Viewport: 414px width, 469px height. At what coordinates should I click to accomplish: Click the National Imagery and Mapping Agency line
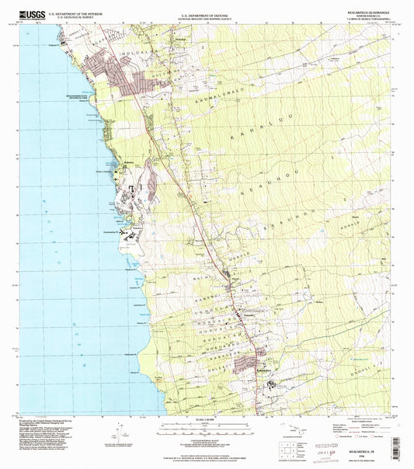pyautogui.click(x=207, y=16)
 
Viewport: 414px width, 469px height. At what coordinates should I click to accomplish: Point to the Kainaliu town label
pyautogui.click(x=245, y=294)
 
